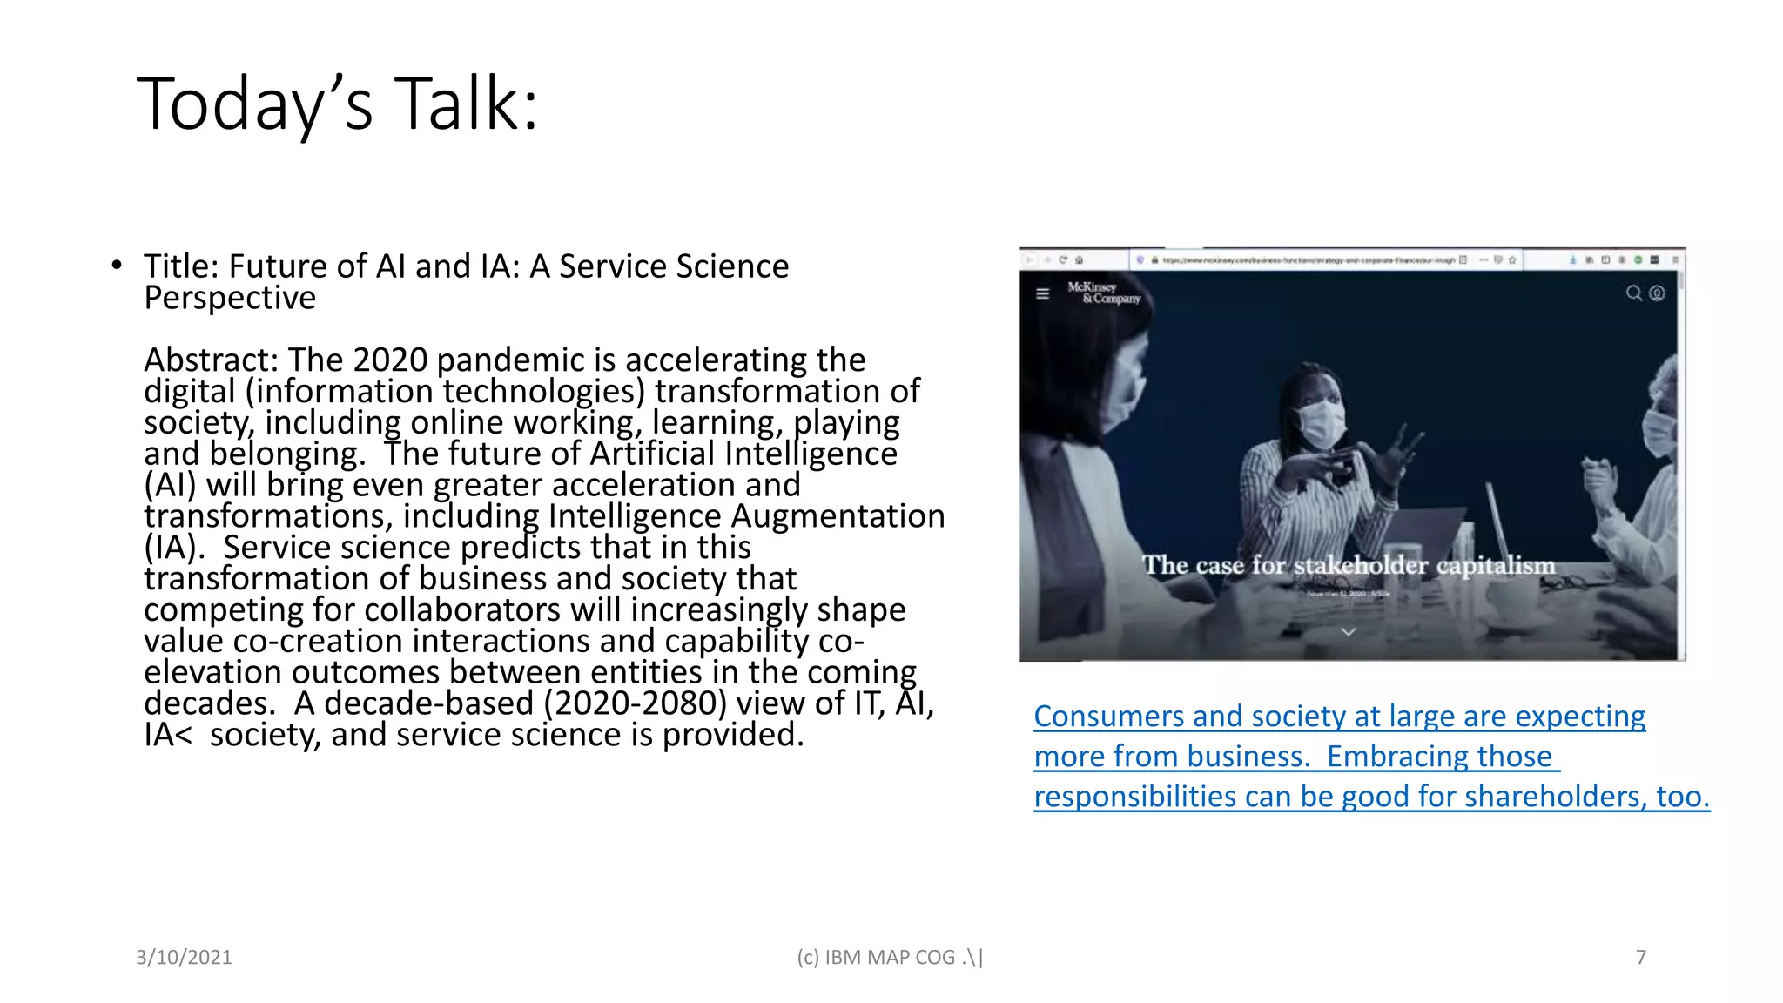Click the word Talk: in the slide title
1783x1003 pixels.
pyautogui.click(x=467, y=104)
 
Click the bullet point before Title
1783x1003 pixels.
pyautogui.click(x=117, y=266)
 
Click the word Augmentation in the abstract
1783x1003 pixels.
pyautogui.click(x=838, y=516)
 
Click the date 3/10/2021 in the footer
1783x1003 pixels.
pyautogui.click(x=184, y=958)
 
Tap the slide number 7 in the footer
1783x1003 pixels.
pyautogui.click(x=1640, y=958)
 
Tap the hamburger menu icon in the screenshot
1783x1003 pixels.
pyautogui.click(x=1042, y=293)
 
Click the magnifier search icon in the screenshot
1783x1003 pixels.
pyautogui.click(x=1633, y=293)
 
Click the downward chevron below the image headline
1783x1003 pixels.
pyautogui.click(x=1348, y=631)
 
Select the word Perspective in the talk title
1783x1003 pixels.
pyautogui.click(x=230, y=298)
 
